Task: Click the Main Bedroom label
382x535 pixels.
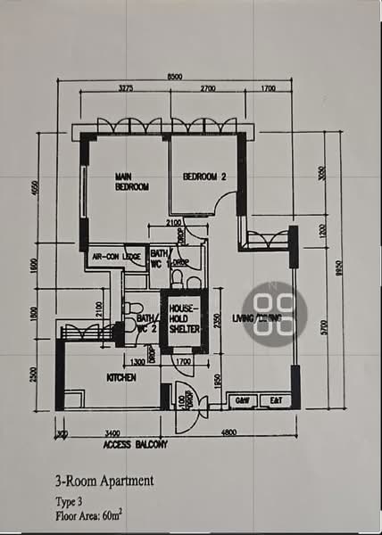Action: (131, 182)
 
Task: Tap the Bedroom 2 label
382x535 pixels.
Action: (204, 177)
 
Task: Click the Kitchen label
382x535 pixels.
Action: (121, 378)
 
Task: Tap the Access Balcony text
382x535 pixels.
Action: (135, 443)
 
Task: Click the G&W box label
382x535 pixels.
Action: (242, 400)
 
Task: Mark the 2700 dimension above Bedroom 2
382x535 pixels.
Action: (207, 89)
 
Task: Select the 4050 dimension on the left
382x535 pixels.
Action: (34, 191)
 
